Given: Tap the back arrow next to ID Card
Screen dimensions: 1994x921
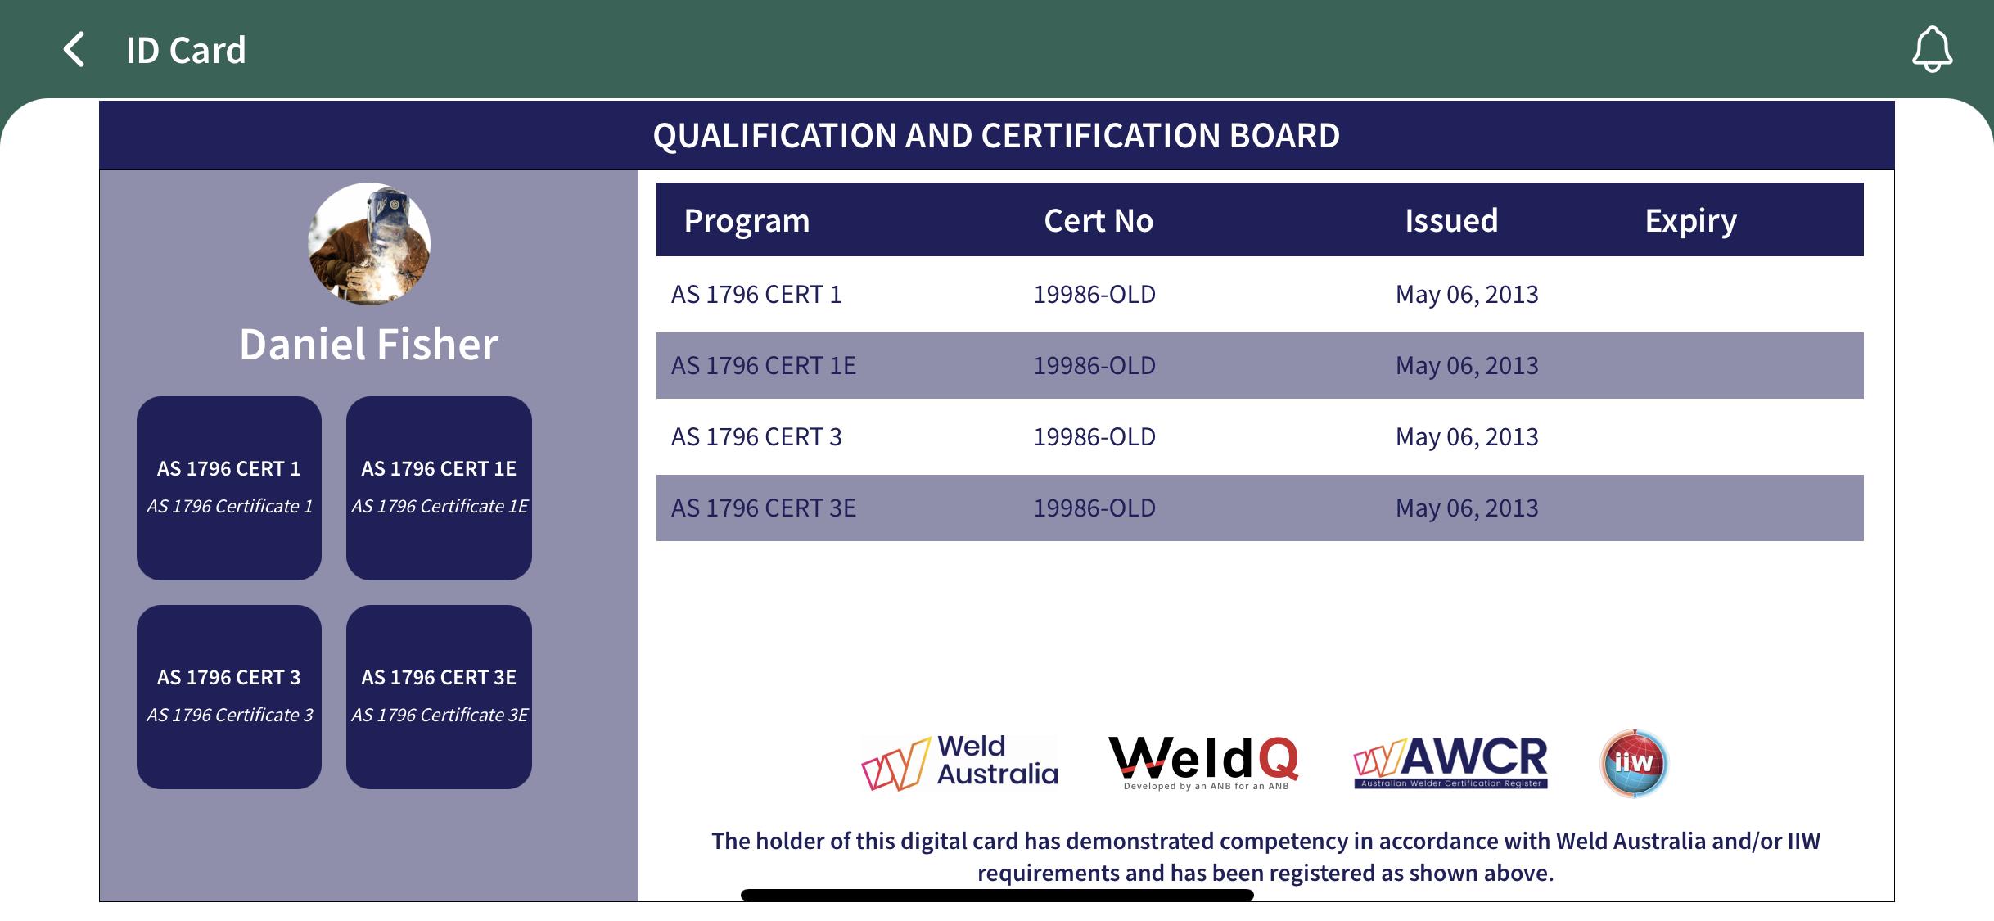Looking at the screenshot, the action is click(x=74, y=49).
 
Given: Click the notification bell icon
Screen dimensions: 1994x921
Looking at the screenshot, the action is click(x=1932, y=49).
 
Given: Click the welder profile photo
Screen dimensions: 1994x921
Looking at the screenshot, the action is click(x=369, y=244).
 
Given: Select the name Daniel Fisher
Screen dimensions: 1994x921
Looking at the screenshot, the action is click(x=368, y=344).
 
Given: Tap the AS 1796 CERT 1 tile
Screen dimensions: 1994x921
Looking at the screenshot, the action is click(x=229, y=488).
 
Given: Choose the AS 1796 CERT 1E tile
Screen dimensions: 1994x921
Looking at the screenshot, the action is click(x=439, y=488).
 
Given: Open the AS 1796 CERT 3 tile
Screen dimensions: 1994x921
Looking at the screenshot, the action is click(x=229, y=697).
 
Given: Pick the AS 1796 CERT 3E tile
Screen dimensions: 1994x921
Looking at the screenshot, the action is click(x=439, y=697).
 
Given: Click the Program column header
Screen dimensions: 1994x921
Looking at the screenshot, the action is click(x=747, y=221).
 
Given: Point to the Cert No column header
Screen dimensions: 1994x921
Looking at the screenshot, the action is click(x=1099, y=220).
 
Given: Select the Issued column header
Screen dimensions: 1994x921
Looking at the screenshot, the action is click(x=1451, y=220).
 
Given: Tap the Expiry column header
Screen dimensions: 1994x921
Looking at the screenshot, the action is click(x=1691, y=221).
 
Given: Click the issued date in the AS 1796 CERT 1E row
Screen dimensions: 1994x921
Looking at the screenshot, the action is click(x=1467, y=365).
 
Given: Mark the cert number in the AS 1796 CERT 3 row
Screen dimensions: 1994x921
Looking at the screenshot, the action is click(x=1094, y=436).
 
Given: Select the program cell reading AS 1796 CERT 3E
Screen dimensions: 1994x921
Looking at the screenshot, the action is click(x=764, y=508).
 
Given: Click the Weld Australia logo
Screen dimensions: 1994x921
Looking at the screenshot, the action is click(x=959, y=762).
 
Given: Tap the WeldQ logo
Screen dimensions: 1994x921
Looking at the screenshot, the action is click(x=1203, y=762).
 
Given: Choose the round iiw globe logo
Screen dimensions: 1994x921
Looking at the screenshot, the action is click(x=1634, y=763).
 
